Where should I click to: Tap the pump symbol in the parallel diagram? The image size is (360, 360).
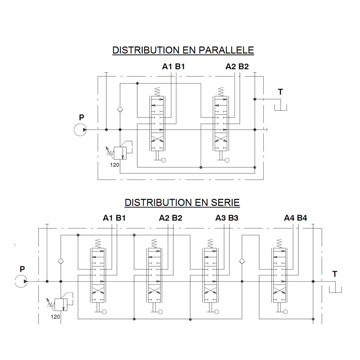tap(80, 130)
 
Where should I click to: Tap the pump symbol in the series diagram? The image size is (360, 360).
tap(21, 281)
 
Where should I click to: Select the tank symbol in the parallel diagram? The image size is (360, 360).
tap(280, 108)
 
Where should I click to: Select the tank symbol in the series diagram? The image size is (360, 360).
tap(335, 290)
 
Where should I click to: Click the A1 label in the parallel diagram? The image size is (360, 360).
tap(167, 67)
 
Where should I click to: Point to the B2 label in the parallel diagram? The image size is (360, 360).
tap(243, 67)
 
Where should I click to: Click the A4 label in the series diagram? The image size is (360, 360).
tap(289, 218)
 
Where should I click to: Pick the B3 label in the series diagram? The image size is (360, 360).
tap(233, 218)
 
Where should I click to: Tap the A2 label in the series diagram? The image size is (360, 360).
tap(164, 218)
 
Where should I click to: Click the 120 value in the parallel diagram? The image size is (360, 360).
tap(115, 165)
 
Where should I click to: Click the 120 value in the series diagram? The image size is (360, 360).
tap(55, 317)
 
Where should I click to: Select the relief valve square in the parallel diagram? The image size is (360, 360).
tap(120, 153)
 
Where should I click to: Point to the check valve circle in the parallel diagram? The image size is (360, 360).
tap(120, 109)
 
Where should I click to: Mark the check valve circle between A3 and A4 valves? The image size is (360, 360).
tap(242, 261)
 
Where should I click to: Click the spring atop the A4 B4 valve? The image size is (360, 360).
tap(279, 243)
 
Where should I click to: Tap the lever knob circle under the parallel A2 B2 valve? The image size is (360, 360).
tap(227, 160)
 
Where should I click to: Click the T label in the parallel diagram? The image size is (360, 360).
tap(280, 92)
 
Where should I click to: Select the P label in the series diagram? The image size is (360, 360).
tap(22, 269)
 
